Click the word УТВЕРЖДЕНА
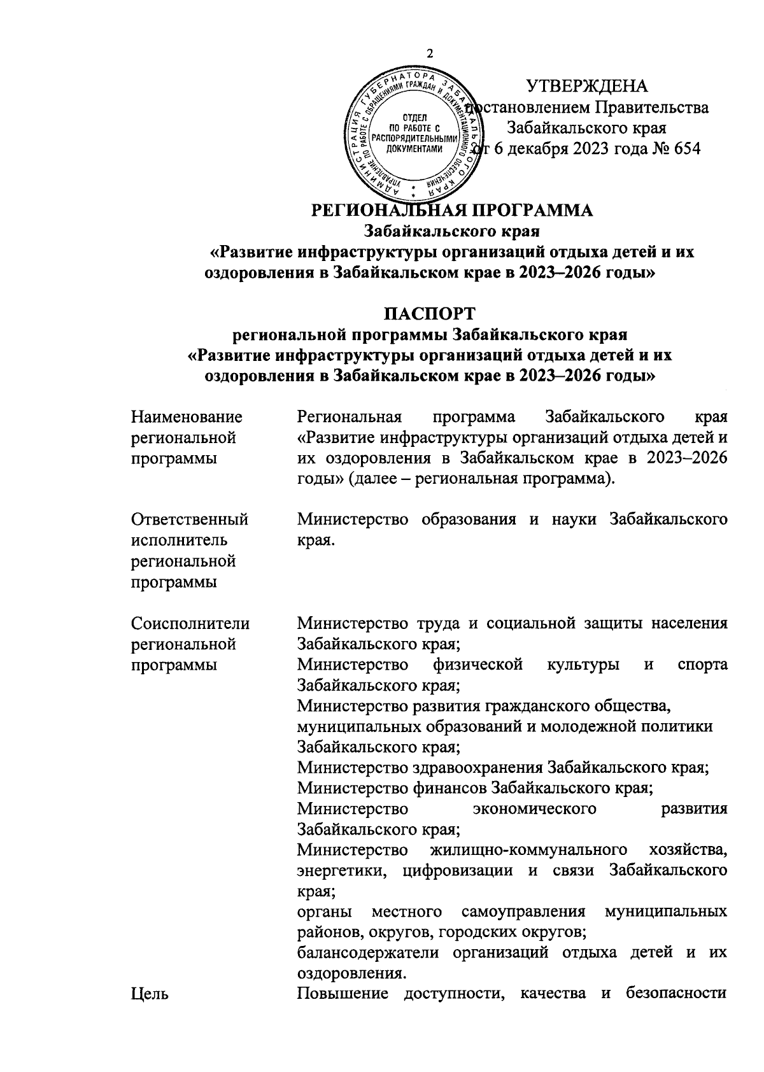pos(586,87)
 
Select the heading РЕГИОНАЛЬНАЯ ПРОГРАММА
pos(451,210)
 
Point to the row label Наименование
pos(187,418)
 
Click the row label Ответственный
pos(190,520)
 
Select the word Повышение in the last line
pos(343,994)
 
